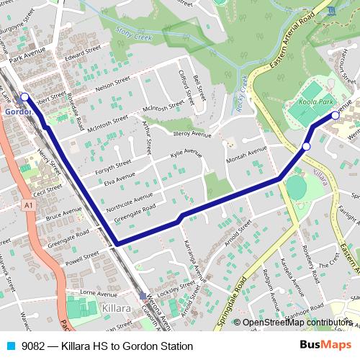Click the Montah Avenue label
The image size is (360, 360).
246,155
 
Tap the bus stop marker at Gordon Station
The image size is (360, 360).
24,96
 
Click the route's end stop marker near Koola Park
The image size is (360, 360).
336,114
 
